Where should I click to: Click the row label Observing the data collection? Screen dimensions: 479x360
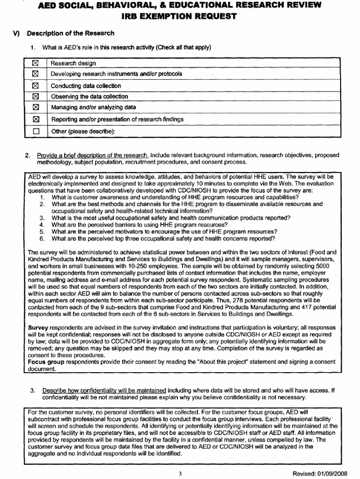[88, 97]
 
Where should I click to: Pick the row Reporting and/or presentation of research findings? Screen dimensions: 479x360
[117, 119]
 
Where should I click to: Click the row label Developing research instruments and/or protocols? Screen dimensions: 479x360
[116, 75]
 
